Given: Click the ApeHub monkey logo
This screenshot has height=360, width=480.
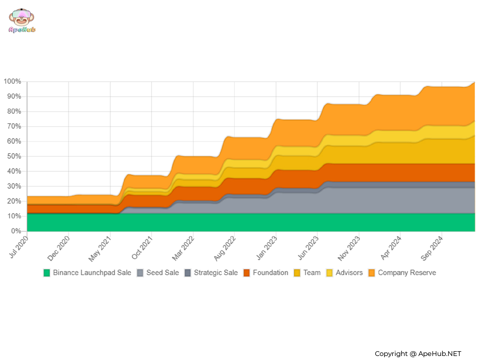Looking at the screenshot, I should pos(22,20).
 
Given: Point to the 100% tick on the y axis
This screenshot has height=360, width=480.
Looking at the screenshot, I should pos(12,82).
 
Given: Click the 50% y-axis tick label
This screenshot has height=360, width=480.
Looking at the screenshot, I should pos(14,156).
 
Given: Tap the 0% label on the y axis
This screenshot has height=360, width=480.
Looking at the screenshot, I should pos(16,231).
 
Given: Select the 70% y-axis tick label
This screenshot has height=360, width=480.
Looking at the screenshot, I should pos(14,126).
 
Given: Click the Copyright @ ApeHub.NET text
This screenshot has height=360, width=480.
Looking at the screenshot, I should pos(418,354).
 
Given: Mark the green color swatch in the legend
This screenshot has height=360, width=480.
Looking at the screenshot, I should pos(47,273).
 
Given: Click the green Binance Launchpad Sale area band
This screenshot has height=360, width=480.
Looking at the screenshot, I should pos(240,222).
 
